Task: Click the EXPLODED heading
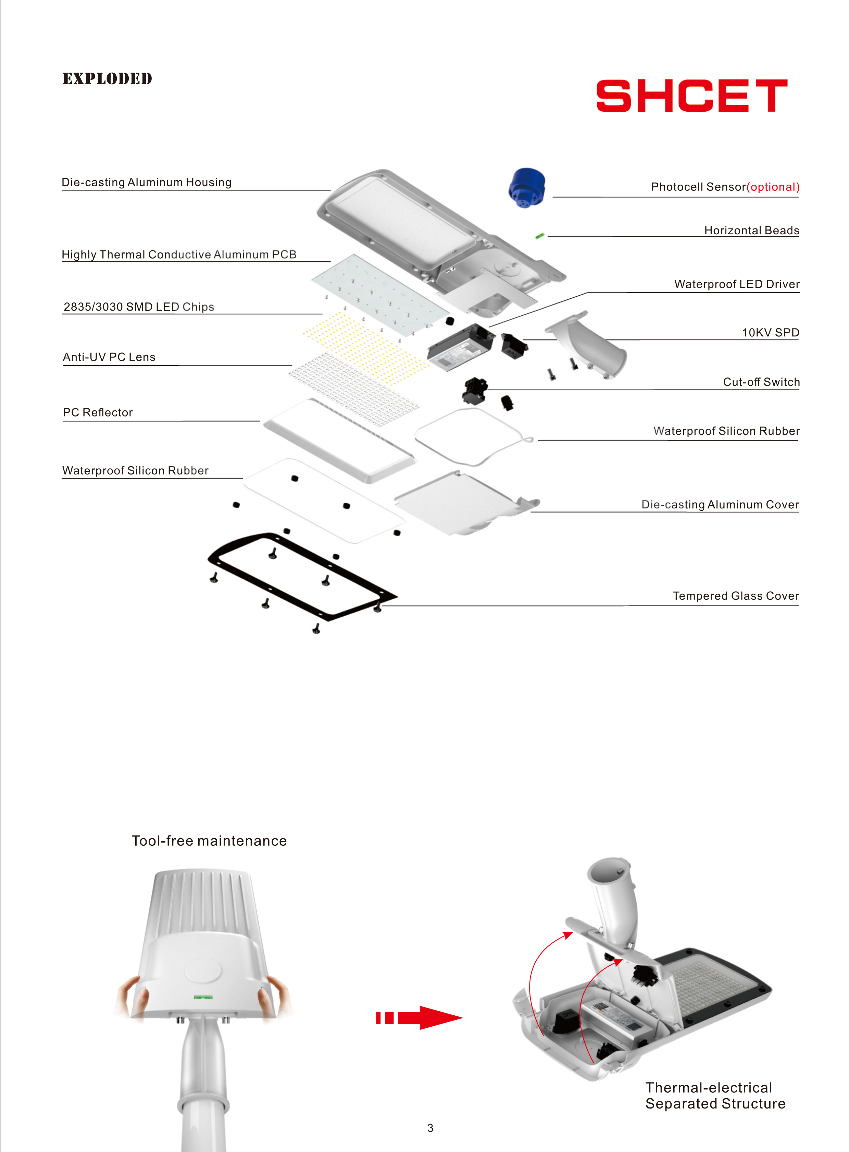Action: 108,79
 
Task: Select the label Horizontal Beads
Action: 751,230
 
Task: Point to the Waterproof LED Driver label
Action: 736,284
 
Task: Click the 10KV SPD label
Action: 770,333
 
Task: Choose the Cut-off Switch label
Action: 761,382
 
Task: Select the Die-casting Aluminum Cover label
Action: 720,505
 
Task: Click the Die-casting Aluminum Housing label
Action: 147,183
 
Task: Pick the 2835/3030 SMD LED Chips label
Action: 139,307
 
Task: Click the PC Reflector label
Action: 98,412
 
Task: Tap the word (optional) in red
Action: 773,187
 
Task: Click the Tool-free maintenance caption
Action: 209,841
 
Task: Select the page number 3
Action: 430,1128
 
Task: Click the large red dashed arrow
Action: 419,1017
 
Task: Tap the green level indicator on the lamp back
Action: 203,997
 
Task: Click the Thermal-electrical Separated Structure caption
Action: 715,1095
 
